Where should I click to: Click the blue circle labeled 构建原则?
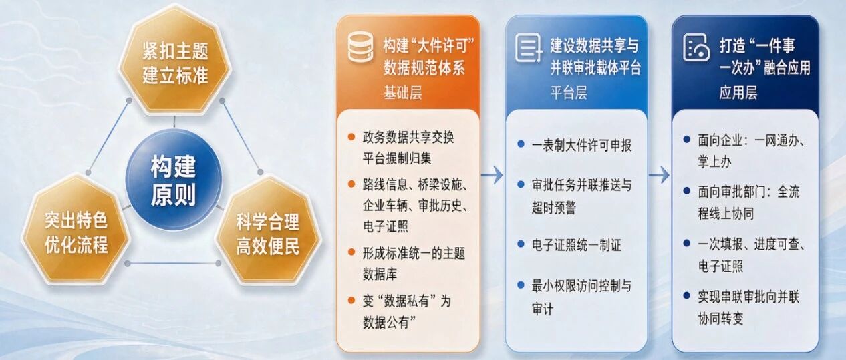click(174, 180)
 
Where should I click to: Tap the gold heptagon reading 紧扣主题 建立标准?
click(175, 59)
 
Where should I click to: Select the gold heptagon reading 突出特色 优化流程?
click(76, 230)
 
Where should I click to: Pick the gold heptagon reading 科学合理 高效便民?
click(268, 231)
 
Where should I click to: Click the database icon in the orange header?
click(360, 47)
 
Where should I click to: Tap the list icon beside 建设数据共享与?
click(529, 49)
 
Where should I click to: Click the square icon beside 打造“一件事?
click(696, 47)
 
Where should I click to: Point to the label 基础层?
click(402, 92)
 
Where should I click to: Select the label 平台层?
click(569, 92)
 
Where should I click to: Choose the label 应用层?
click(738, 92)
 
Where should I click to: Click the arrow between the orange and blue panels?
click(492, 175)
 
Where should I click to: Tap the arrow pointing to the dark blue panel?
click(659, 175)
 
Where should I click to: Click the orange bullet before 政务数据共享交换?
click(351, 137)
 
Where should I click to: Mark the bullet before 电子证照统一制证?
click(521, 244)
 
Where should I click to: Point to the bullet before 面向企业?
click(687, 140)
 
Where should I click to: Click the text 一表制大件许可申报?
click(581, 146)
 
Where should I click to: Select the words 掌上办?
click(714, 162)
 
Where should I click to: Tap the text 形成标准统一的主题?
click(414, 253)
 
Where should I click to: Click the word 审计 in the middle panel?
click(543, 309)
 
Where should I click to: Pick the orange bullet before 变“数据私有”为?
click(351, 301)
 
